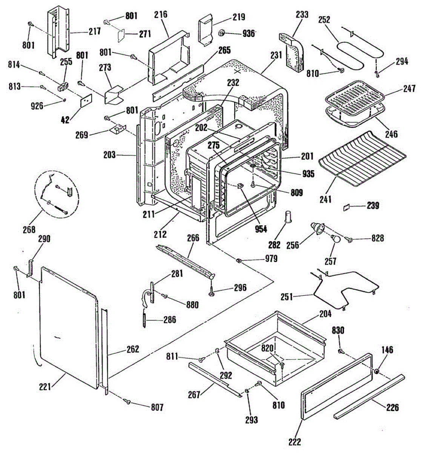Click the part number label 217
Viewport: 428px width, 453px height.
[x=95, y=31]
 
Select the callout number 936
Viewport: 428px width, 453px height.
[x=249, y=33]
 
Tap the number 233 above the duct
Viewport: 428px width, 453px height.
[x=302, y=15]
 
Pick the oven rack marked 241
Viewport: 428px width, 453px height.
[x=362, y=159]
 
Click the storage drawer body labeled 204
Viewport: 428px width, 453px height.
[x=275, y=340]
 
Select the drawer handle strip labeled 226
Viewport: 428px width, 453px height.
[x=370, y=396]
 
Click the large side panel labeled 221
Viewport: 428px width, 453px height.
[x=68, y=328]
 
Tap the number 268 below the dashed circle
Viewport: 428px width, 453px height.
[x=29, y=229]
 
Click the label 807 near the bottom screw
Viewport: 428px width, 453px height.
[x=157, y=407]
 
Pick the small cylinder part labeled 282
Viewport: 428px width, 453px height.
[x=289, y=217]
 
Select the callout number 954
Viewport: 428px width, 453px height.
[x=261, y=228]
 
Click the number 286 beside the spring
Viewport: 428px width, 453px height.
[x=170, y=320]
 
